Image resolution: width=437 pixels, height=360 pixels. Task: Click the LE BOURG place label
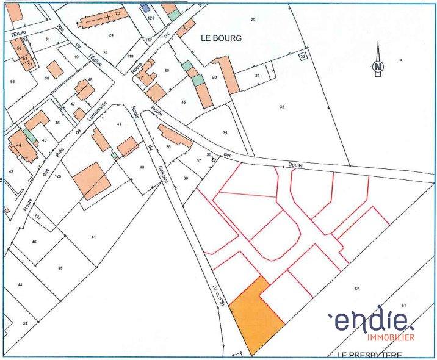(221, 38)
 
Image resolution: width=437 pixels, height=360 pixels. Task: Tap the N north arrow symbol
(378, 67)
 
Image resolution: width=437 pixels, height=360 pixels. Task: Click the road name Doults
(295, 165)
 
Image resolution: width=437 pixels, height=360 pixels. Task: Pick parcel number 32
(282, 107)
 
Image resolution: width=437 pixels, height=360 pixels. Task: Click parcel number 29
(253, 21)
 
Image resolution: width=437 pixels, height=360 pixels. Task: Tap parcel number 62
(356, 287)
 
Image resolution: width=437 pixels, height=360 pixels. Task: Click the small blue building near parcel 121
(145, 7)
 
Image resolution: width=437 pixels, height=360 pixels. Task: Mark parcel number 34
(225, 132)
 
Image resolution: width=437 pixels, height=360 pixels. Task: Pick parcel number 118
(129, 56)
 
